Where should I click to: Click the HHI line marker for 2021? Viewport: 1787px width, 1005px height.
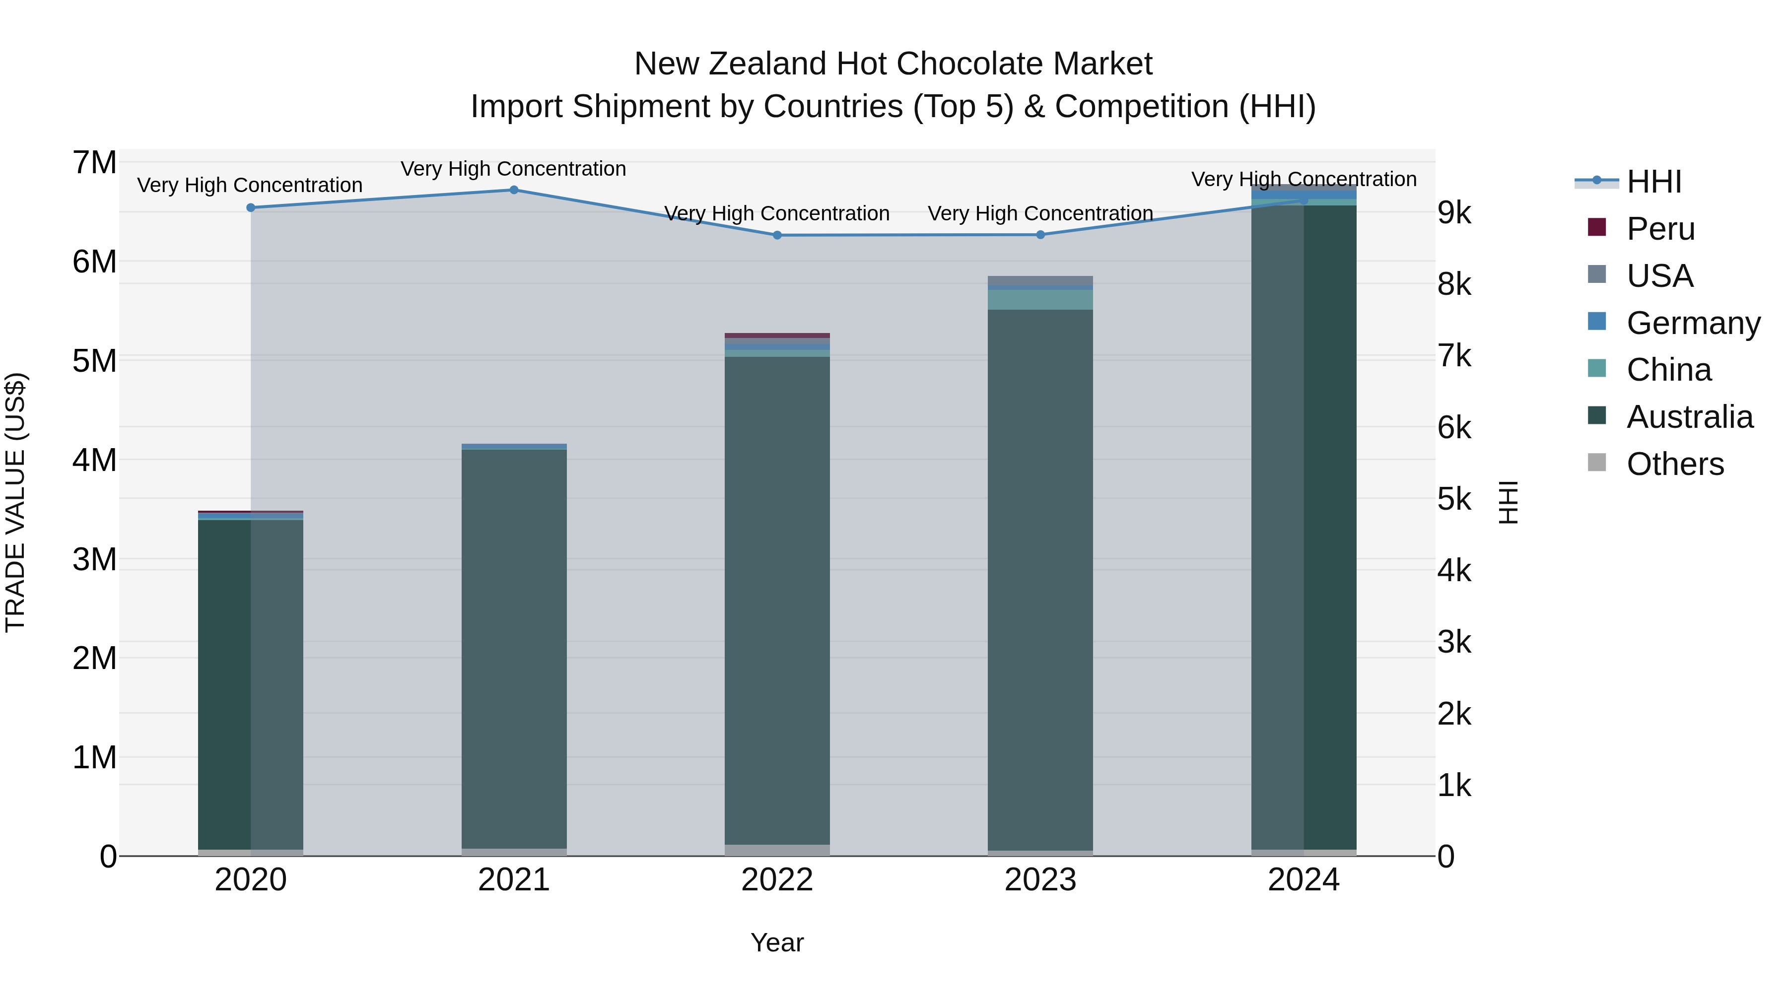[514, 190]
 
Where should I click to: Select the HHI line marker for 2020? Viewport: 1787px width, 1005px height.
[251, 208]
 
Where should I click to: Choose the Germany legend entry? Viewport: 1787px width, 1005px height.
[1693, 323]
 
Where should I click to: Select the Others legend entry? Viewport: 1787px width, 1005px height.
[1675, 464]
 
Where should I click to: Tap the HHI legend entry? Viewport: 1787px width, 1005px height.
[1654, 182]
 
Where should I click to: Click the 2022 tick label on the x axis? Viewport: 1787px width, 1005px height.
[777, 880]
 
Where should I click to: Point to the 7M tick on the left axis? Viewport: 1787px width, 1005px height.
[94, 163]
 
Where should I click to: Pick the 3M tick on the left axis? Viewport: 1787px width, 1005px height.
[94, 559]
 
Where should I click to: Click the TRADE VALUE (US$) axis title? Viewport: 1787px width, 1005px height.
[15, 502]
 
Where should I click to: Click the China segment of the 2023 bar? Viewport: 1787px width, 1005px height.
[1040, 300]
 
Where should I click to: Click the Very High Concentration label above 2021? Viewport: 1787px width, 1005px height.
[513, 169]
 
